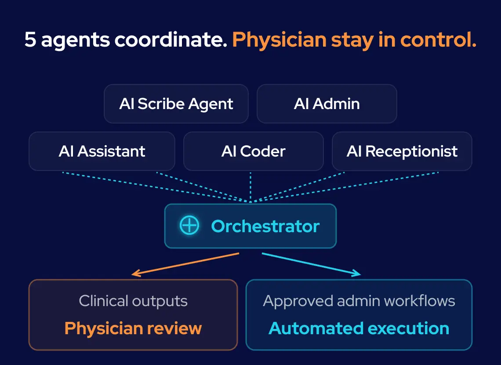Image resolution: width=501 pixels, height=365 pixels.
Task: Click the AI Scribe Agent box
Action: [x=176, y=104]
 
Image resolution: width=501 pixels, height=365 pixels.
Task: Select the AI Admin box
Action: [x=327, y=104]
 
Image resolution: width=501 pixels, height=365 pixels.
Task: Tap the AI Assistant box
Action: [x=102, y=151]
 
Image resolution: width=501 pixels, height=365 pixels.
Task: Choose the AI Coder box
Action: [x=254, y=151]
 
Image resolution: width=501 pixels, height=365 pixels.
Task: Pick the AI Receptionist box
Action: [x=402, y=151]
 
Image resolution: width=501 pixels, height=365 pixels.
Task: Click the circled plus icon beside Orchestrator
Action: [x=189, y=225]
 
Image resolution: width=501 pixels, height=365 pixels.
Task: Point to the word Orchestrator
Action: [x=265, y=226]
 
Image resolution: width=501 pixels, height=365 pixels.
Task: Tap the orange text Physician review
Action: [x=133, y=328]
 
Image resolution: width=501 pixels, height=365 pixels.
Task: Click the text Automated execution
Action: [x=359, y=328]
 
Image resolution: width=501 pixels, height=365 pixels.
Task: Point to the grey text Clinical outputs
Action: [x=133, y=301]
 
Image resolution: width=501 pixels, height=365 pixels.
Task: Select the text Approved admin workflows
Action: [x=359, y=301]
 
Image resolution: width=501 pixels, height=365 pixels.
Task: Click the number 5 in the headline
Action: [x=30, y=40]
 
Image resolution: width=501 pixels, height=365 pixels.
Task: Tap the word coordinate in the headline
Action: [x=171, y=39]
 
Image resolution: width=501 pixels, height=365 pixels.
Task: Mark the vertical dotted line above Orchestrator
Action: [x=250, y=187]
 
